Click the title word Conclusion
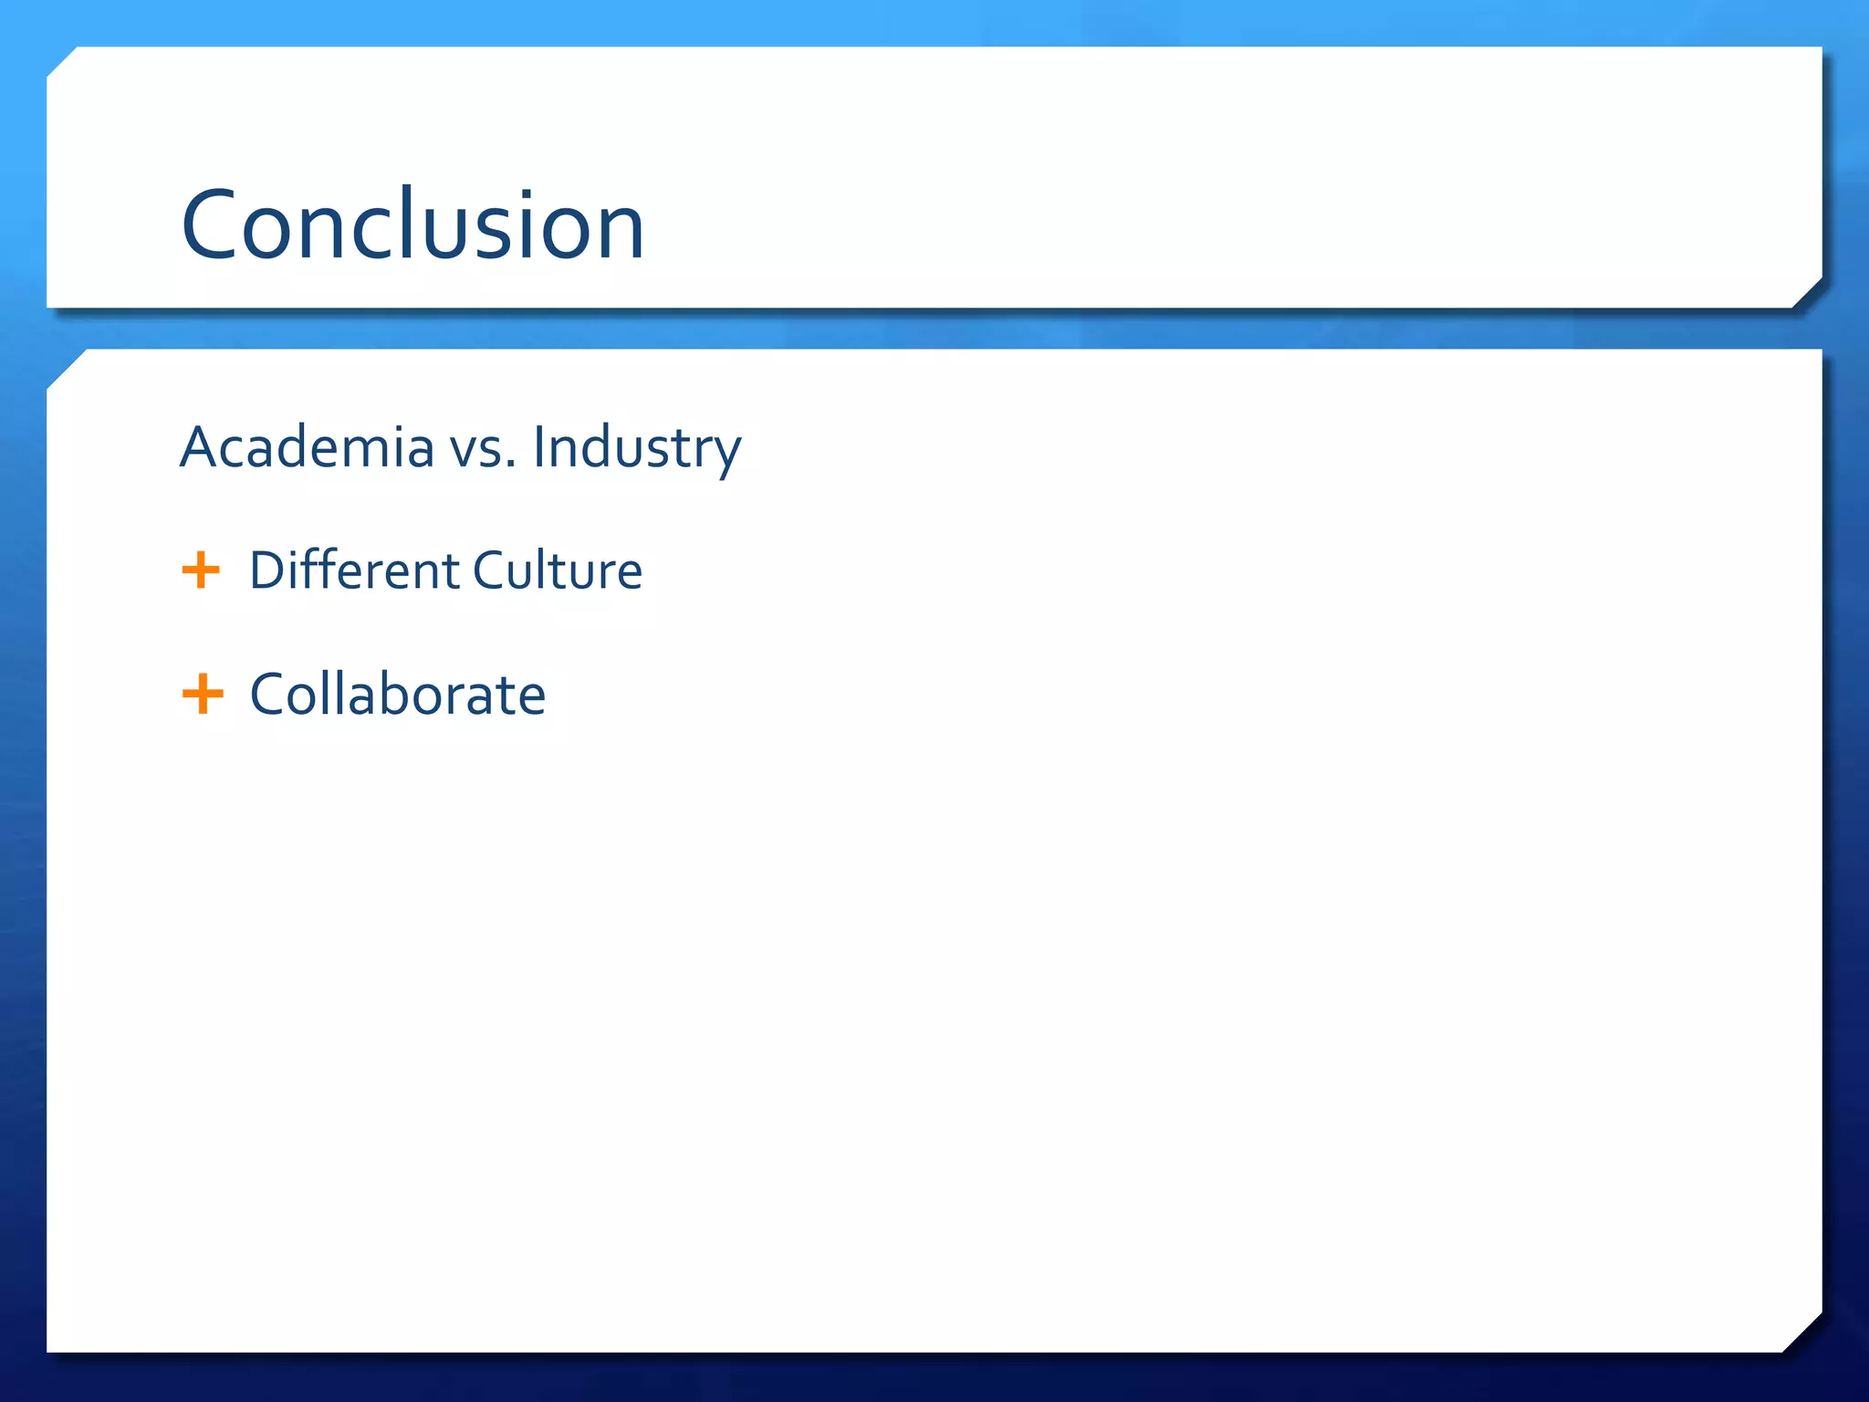[x=412, y=225]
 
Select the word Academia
[x=307, y=447]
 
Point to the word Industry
[x=637, y=449]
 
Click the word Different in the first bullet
[x=354, y=571]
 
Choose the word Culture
[x=558, y=571]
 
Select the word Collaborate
[x=398, y=695]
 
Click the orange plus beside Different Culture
[x=201, y=570]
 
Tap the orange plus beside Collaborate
[x=203, y=694]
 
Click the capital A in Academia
[x=199, y=447]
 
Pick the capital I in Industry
[x=538, y=447]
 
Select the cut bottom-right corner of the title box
[x=1807, y=293]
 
